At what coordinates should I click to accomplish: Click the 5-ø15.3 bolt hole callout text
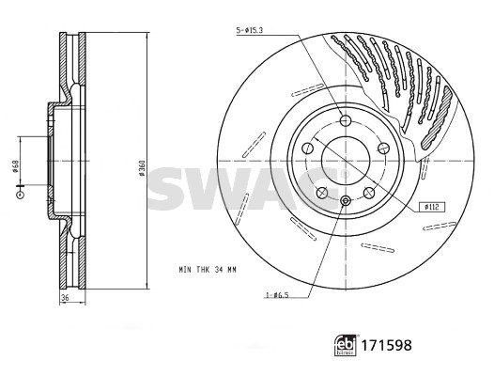250,30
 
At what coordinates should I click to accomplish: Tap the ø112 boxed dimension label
432,207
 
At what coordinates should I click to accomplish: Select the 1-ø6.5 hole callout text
277,295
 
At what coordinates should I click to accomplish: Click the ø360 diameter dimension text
143,168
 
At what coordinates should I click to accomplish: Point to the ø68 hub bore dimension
15,166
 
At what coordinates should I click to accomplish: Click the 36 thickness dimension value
65,297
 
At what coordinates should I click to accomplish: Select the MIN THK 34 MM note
208,270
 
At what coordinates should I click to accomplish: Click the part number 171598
386,345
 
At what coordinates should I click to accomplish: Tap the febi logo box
346,345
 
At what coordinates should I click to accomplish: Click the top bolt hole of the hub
346,120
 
